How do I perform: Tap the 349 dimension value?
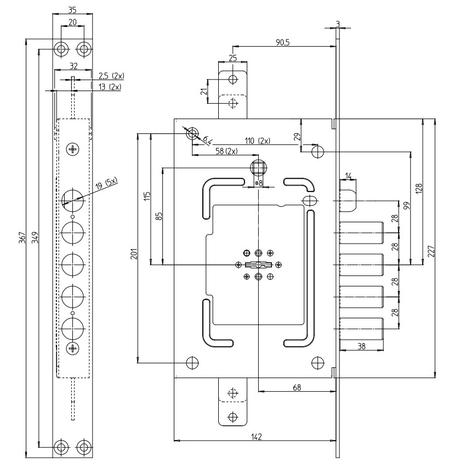35,238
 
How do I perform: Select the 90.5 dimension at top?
282,42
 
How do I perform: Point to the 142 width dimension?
256,437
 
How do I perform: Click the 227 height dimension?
431,251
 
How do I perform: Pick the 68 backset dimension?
297,387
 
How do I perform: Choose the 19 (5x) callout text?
106,183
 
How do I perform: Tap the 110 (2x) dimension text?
257,140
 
